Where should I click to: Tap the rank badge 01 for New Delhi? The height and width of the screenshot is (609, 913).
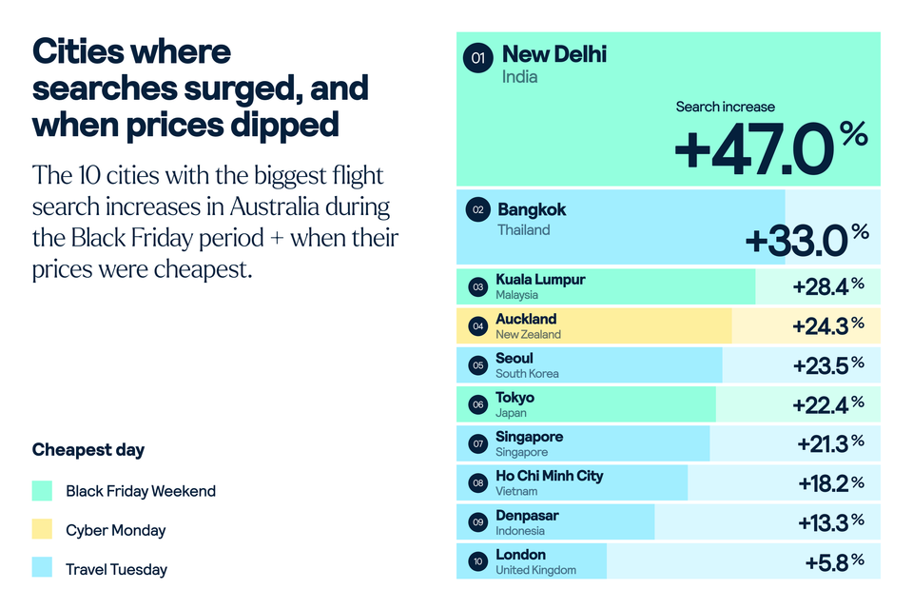(477, 59)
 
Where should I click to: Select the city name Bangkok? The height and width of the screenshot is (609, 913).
(532, 209)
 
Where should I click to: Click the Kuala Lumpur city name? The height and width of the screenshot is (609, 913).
(540, 280)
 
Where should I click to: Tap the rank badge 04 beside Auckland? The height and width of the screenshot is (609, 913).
(477, 325)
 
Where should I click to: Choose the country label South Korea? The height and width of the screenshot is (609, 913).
(527, 374)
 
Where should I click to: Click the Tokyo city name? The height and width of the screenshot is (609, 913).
(515, 398)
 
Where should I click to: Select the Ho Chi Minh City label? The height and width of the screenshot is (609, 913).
(549, 476)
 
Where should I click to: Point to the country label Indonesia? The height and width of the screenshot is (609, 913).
(520, 531)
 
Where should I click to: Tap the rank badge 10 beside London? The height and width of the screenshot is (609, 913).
(477, 560)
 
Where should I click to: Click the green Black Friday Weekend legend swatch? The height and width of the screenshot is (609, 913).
(42, 491)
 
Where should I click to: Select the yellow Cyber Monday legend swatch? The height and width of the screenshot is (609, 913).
(42, 530)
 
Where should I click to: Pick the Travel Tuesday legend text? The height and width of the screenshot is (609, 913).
(116, 570)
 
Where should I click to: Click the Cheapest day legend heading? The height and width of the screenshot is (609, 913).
(88, 449)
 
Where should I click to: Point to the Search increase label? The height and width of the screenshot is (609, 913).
(725, 107)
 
